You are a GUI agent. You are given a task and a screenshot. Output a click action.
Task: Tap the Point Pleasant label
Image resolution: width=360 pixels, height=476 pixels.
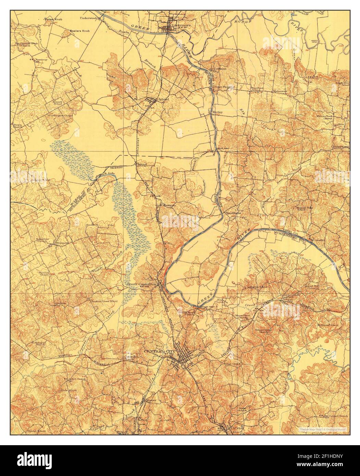(224, 87)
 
